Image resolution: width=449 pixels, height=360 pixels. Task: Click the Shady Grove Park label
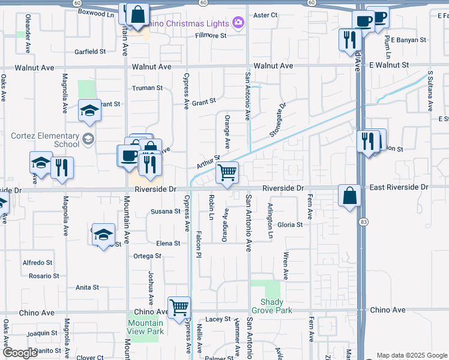point(276,306)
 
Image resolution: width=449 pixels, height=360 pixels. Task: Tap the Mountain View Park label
point(146,327)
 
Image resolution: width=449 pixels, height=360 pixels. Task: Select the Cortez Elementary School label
point(45,140)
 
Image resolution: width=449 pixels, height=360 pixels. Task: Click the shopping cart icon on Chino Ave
point(179,308)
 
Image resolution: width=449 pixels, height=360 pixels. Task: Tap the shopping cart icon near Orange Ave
point(228,173)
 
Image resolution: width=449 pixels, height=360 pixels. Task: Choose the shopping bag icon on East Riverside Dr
point(350,196)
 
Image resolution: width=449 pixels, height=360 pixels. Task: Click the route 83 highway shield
point(364,223)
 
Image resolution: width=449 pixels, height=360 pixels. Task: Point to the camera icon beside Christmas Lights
point(238,23)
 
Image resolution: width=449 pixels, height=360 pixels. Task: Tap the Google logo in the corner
point(20,353)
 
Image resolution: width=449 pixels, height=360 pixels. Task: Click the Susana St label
point(165,211)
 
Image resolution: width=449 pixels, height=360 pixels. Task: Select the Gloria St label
point(290,224)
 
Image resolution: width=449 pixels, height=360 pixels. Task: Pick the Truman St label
point(148,88)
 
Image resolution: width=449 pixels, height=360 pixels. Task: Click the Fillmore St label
point(211,35)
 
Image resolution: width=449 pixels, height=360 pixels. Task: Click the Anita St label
point(87,287)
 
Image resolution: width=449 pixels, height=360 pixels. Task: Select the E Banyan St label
point(406,40)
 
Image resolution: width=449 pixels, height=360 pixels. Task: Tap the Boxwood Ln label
point(96,11)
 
